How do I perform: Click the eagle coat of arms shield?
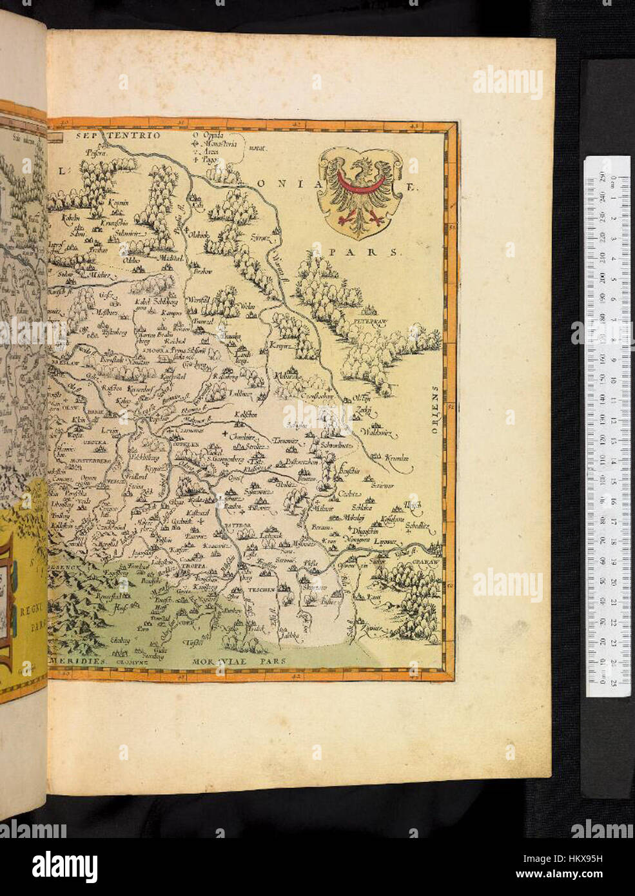357,193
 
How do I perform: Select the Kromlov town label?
396,458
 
